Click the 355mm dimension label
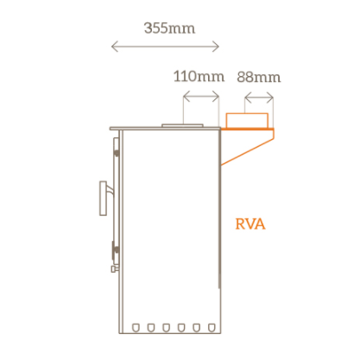point(169,28)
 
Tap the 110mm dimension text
point(199,77)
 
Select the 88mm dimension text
point(259,78)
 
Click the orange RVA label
point(250,224)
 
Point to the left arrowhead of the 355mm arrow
point(115,47)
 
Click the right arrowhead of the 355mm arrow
point(216,47)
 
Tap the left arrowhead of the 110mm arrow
point(186,97)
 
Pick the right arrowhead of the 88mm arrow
point(270,98)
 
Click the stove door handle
point(105,198)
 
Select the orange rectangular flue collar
point(247,121)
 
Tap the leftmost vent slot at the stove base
point(136,327)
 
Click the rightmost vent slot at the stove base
point(212,327)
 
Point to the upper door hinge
point(117,153)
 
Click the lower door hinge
point(116,249)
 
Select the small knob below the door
point(115,268)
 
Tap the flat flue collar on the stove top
point(182,126)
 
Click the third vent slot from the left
point(166,327)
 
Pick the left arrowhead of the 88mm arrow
point(248,98)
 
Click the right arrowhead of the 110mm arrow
point(216,97)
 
